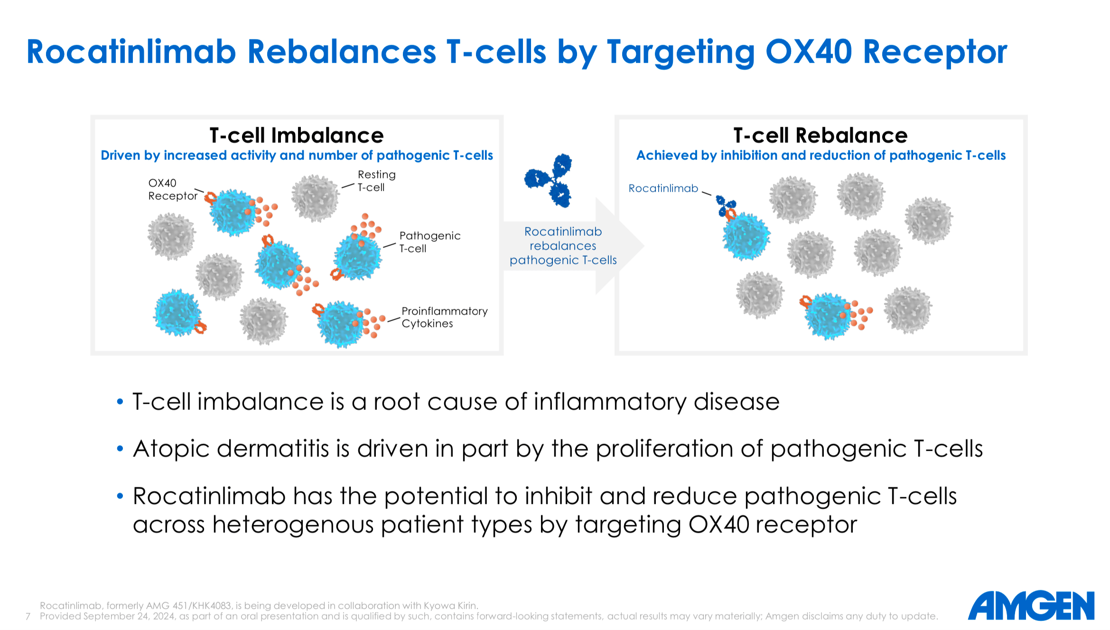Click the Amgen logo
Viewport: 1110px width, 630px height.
coord(1031,606)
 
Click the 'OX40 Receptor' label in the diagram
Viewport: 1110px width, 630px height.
coord(172,190)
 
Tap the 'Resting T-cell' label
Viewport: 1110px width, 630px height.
coord(376,181)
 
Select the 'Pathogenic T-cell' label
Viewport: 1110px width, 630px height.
coord(429,242)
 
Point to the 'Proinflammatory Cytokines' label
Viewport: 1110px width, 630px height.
coord(444,317)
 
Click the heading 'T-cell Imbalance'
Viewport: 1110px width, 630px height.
coord(297,136)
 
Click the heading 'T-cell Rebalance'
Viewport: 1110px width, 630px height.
coord(820,136)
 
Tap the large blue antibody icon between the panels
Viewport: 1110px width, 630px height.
coord(549,180)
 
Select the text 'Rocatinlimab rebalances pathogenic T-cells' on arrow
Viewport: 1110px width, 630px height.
coord(563,246)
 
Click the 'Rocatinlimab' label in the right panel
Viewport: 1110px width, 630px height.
coord(663,188)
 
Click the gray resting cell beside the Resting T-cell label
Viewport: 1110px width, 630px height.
coord(315,198)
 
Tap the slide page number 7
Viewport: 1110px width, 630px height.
coord(28,616)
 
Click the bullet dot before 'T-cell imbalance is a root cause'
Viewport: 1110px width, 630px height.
coord(120,402)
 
